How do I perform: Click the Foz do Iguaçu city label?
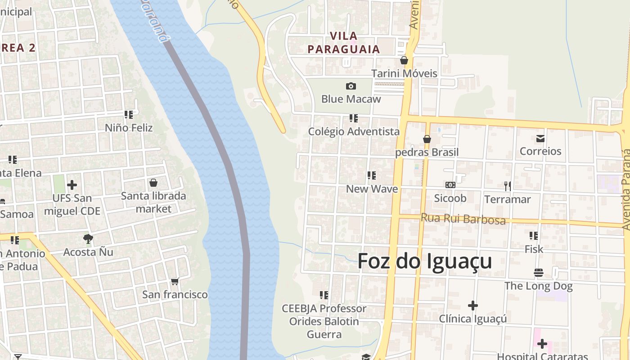click(424, 261)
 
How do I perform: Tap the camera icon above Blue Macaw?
click(351, 86)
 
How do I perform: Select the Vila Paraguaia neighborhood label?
click(344, 42)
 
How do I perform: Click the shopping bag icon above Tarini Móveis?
click(404, 60)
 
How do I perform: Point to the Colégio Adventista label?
click(354, 131)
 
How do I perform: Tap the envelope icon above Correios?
click(540, 138)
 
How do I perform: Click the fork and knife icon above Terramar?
click(508, 186)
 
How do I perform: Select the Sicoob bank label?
click(450, 198)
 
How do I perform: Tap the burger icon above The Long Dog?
click(538, 273)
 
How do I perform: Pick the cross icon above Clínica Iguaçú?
click(472, 306)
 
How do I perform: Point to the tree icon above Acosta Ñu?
click(88, 239)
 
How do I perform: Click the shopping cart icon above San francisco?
click(175, 282)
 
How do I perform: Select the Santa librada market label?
click(153, 202)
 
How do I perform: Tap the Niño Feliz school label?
click(129, 128)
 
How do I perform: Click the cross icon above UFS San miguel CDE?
click(72, 185)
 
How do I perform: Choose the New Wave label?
click(372, 189)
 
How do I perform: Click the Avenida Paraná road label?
click(626, 189)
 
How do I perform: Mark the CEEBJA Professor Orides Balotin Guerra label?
click(324, 321)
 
